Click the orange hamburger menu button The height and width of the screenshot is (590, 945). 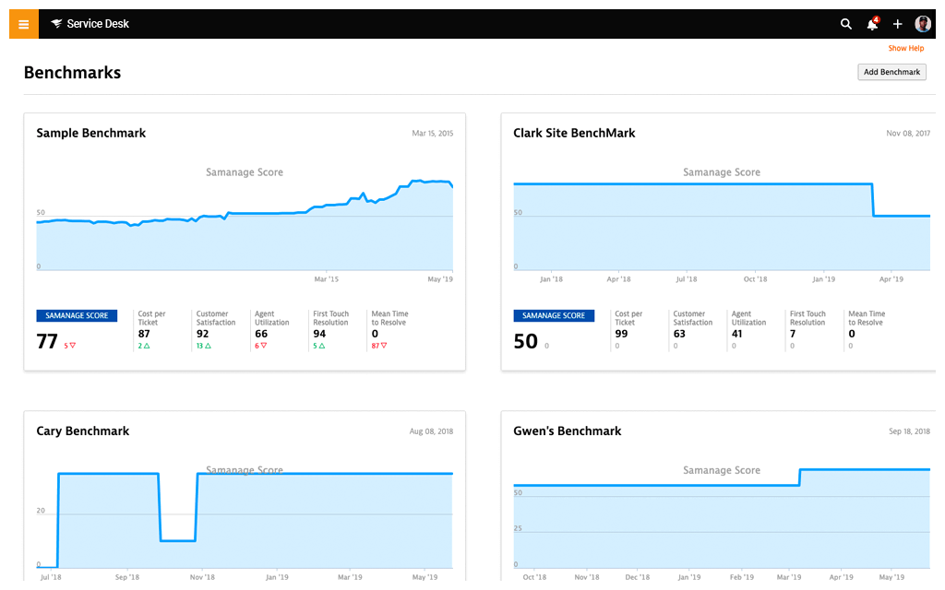(x=24, y=24)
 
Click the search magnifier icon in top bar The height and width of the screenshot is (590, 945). (x=845, y=24)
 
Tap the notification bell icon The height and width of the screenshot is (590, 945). (x=872, y=24)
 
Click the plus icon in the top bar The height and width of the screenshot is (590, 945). (x=897, y=24)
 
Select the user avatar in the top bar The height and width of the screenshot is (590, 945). (x=923, y=24)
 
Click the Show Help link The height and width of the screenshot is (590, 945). (x=905, y=48)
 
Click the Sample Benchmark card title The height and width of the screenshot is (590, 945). (x=90, y=133)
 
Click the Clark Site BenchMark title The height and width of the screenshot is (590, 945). (x=574, y=133)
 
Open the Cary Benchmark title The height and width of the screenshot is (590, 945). (x=82, y=431)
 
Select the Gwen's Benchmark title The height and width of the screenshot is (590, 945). (x=567, y=431)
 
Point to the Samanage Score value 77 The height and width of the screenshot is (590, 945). (x=47, y=342)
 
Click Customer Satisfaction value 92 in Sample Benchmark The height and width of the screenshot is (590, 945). (x=203, y=334)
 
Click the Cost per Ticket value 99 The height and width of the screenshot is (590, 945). (x=621, y=334)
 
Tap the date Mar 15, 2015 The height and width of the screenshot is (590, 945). (x=432, y=134)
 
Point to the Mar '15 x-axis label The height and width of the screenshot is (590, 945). (x=326, y=278)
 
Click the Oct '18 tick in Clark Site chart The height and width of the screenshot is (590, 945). (x=755, y=278)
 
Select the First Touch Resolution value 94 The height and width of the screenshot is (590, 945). (x=320, y=334)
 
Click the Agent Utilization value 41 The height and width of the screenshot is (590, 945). (x=737, y=334)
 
